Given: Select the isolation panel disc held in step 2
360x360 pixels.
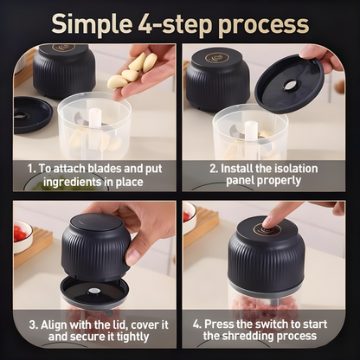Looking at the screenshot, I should [290, 84].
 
